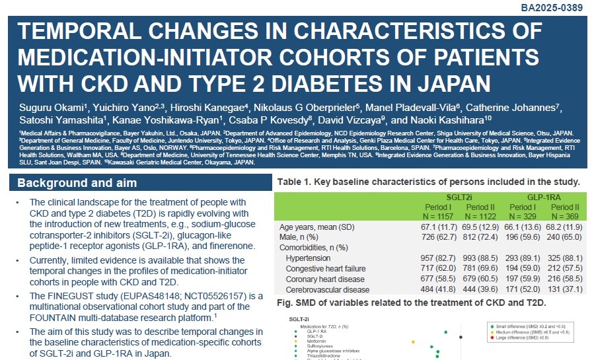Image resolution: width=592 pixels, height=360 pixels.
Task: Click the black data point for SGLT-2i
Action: click(x=460, y=337)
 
